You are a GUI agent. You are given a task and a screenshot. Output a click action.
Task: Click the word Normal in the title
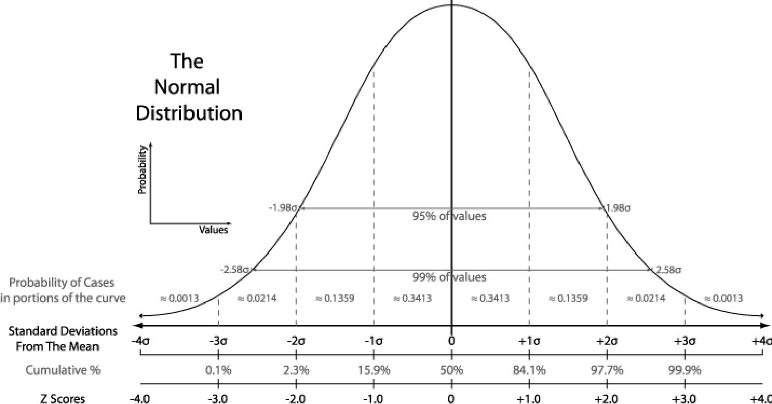point(187,87)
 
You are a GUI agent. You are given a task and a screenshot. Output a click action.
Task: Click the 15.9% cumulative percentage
point(374,370)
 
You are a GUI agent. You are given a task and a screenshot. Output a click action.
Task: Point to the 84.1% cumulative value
point(529,370)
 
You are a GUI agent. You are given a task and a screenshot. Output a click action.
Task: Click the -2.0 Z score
point(296,398)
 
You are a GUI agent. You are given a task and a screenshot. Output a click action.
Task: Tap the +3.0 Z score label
point(685,398)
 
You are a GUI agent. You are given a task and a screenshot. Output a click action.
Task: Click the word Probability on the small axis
point(142,170)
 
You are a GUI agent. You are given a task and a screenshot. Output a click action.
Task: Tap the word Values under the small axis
point(213,230)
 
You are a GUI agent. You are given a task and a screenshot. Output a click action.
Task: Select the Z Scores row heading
point(64,398)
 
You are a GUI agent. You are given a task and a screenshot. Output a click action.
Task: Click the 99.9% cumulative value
point(685,370)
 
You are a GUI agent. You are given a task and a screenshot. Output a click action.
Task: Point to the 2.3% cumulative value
point(296,370)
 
